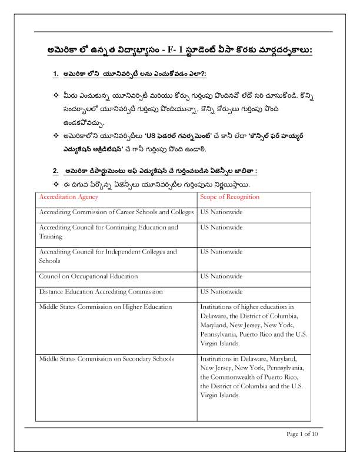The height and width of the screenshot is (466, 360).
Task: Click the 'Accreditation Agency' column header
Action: point(68,197)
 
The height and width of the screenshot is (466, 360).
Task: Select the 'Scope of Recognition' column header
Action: point(229,197)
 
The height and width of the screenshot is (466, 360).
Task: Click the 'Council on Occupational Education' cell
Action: point(88,276)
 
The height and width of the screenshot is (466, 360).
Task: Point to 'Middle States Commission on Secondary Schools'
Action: point(106,358)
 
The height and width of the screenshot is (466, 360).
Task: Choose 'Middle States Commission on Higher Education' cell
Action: point(105,307)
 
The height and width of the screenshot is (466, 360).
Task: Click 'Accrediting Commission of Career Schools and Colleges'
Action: point(116,211)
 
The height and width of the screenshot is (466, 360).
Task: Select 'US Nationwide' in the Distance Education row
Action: point(221,291)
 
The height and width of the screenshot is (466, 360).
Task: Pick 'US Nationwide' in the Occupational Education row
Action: point(221,276)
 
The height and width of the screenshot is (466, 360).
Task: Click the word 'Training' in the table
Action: point(51,235)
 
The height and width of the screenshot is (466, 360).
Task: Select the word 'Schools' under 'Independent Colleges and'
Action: point(49,261)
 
